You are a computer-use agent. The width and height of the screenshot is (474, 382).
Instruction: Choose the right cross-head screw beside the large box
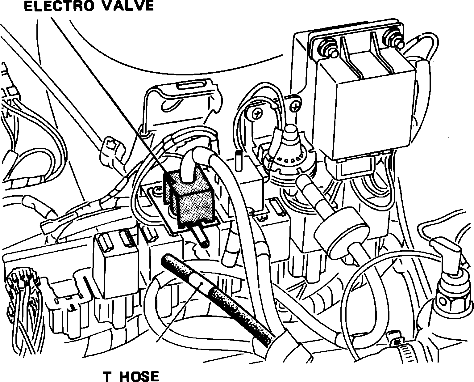(x=296, y=107)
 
